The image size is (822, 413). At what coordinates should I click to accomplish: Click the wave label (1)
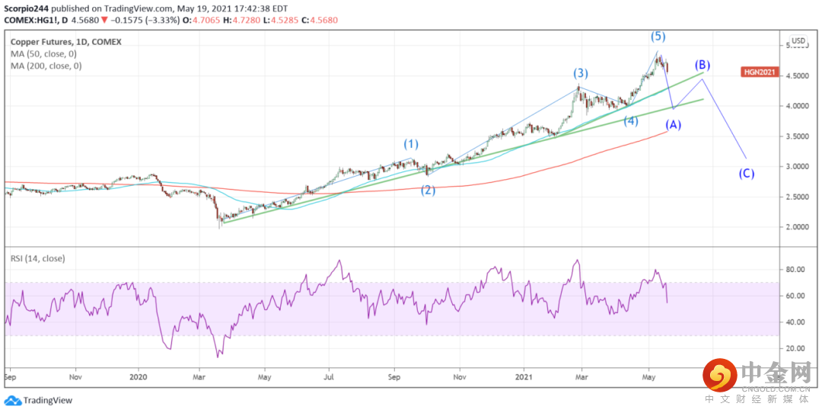tap(411, 143)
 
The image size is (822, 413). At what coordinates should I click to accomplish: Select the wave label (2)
tap(429, 190)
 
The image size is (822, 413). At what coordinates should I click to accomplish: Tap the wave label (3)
tap(581, 73)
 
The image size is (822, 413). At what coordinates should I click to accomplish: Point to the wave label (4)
tap(631, 120)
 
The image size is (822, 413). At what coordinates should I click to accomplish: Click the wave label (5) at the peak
tap(658, 36)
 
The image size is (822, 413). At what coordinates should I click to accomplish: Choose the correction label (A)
tap(673, 124)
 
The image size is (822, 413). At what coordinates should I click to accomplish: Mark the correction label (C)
tap(747, 173)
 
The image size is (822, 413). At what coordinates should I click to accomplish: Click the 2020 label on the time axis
tap(139, 376)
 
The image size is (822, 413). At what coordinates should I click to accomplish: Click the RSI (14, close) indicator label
tap(38, 258)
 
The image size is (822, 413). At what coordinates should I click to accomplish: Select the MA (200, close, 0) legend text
tap(46, 66)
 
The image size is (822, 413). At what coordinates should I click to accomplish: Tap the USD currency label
tap(798, 41)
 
